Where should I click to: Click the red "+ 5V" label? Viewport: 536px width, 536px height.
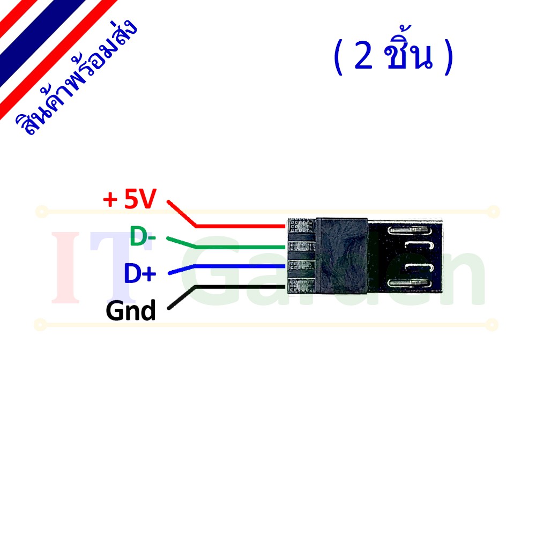(130, 199)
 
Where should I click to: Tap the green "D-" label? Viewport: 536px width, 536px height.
(143, 236)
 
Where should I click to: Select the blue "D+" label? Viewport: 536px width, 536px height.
(140, 273)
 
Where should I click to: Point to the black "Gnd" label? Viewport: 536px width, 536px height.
(131, 310)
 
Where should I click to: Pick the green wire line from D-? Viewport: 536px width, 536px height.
(226, 247)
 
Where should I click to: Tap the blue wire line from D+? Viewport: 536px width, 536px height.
(226, 266)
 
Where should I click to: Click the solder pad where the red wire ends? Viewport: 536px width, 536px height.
(301, 226)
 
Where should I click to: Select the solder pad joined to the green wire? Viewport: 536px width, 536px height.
(301, 247)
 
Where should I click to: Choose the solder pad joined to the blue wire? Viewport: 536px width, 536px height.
(301, 266)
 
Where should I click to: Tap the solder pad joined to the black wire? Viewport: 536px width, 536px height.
(301, 285)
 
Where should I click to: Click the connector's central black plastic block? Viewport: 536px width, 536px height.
(341, 256)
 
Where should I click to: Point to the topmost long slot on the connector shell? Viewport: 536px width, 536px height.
(410, 230)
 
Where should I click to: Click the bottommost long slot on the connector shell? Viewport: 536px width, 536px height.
(410, 283)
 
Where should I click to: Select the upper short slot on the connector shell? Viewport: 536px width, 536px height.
(419, 245)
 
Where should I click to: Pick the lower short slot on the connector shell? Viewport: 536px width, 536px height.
(419, 267)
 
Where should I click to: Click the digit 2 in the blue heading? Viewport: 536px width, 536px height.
(364, 55)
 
